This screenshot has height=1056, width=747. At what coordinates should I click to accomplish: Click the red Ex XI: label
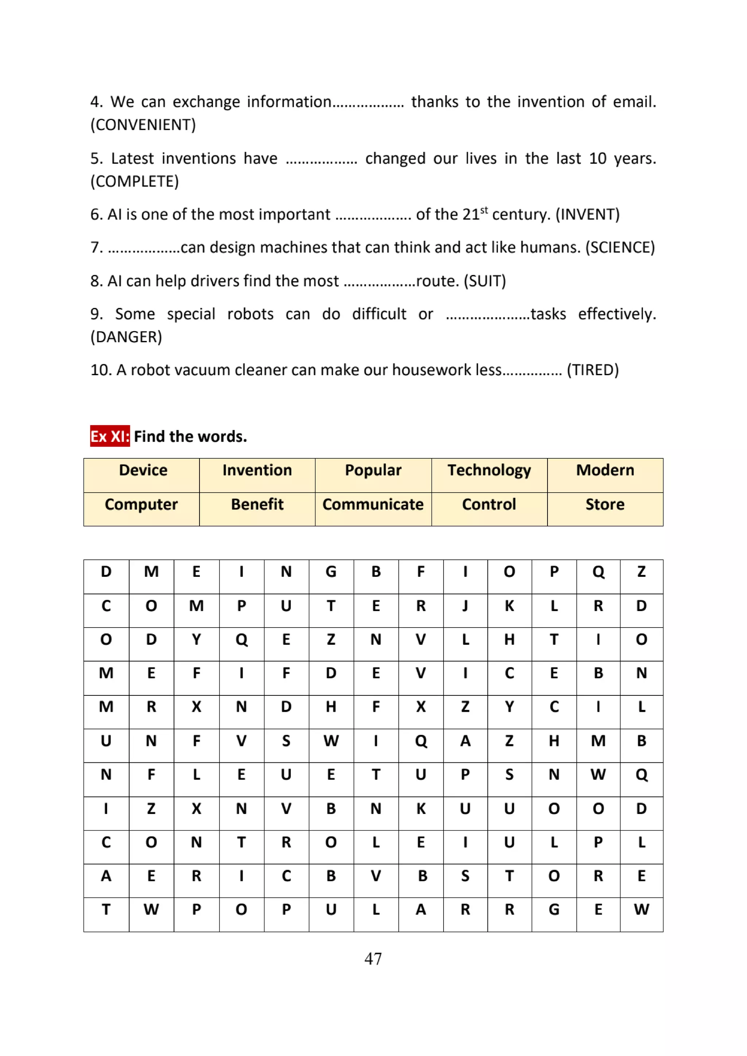pos(109,436)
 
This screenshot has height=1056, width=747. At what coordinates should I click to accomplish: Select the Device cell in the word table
pos(143,470)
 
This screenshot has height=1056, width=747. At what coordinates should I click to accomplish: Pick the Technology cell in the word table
pos(489,470)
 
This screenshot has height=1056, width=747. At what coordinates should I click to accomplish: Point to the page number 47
pos(373,959)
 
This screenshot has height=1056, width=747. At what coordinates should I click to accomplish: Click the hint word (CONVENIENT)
pos(143,125)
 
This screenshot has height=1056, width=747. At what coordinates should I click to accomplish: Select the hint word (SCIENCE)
pos(620,248)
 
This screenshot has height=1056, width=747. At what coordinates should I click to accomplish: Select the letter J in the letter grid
pos(465,606)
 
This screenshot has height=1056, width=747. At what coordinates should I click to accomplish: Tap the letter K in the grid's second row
pos(509,606)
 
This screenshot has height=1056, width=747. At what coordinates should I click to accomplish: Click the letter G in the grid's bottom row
pos(554,910)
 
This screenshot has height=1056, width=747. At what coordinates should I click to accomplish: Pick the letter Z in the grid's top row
pos(641,572)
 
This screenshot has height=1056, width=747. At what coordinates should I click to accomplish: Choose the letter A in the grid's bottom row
pos(421,910)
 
